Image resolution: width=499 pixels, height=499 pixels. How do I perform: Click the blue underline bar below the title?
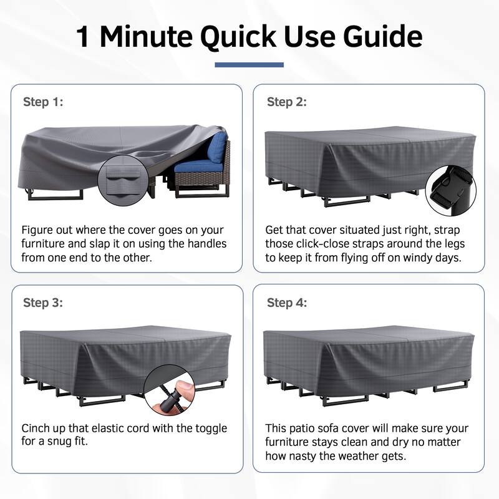[x=249, y=65]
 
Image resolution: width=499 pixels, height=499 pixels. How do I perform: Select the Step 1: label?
[x=43, y=102]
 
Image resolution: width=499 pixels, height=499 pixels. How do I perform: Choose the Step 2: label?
[x=287, y=102]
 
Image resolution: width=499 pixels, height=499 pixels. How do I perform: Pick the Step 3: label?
[x=43, y=303]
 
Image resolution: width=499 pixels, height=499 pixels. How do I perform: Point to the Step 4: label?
[x=287, y=303]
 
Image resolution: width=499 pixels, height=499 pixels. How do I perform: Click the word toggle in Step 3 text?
[x=210, y=429]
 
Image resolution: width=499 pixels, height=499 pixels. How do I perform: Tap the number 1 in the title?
[x=83, y=37]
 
